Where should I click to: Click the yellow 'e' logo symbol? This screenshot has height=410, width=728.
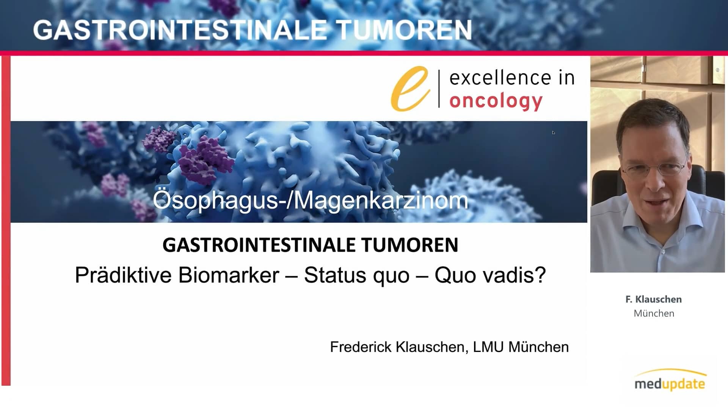pyautogui.click(x=410, y=89)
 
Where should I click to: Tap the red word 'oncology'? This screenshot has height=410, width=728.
pyautogui.click(x=496, y=102)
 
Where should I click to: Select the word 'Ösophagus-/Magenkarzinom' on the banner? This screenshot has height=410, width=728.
pyautogui.click(x=310, y=200)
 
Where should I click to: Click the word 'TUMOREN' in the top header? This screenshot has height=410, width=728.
pyautogui.click(x=403, y=30)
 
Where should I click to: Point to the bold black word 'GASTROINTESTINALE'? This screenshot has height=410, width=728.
pyautogui.click(x=259, y=245)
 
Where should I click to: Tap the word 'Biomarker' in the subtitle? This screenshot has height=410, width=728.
pyautogui.click(x=229, y=275)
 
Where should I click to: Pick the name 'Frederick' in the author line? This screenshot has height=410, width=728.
pyautogui.click(x=361, y=347)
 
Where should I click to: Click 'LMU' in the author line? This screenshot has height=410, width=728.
pyautogui.click(x=488, y=347)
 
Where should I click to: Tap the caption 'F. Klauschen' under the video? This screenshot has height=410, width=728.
pyautogui.click(x=654, y=299)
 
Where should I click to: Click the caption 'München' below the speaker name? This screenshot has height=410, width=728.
pyautogui.click(x=654, y=314)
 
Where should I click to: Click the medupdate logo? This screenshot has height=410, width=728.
pyautogui.click(x=670, y=380)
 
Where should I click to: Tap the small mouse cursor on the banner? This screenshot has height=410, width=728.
pyautogui.click(x=554, y=133)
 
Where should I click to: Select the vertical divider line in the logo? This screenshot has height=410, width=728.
pyautogui.click(x=439, y=89)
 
